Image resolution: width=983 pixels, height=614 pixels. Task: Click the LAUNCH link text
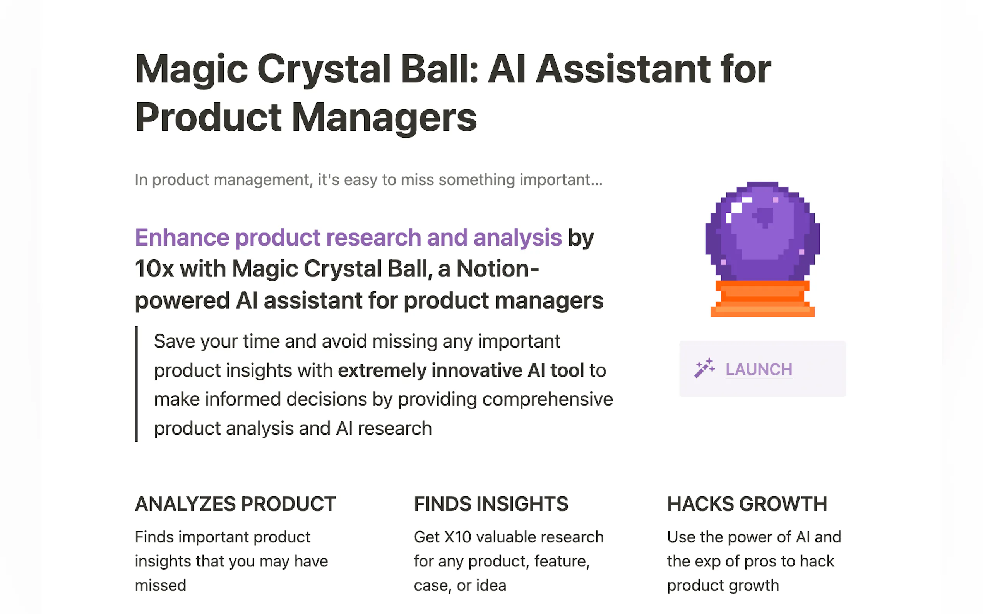[759, 369]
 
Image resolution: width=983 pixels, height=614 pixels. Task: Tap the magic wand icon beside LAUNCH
[704, 368]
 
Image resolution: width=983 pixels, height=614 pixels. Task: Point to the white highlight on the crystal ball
[736, 208]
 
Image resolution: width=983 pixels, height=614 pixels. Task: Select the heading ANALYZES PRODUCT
[235, 504]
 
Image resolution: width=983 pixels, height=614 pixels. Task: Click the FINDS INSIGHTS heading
[490, 504]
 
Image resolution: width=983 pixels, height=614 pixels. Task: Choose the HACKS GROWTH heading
[747, 504]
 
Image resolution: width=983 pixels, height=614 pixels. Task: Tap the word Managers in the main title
[384, 118]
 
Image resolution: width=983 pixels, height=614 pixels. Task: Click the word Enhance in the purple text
[182, 237]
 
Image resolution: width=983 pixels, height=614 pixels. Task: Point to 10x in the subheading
[154, 269]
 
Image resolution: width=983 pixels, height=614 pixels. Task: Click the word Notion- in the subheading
[497, 269]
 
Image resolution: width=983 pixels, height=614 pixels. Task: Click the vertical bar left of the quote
[137, 384]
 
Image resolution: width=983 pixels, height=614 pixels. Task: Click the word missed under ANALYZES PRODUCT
[161, 585]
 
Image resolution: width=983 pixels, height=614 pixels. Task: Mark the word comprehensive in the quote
[547, 399]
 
